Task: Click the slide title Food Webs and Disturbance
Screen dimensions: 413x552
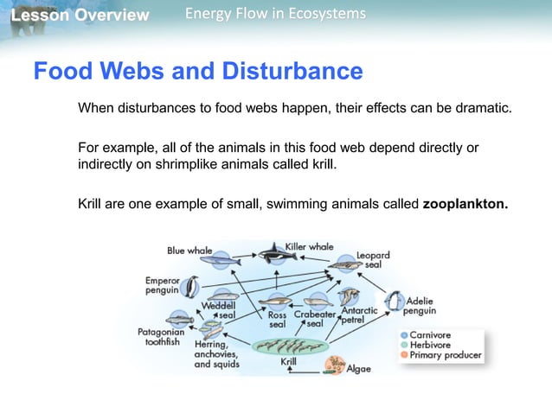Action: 197,70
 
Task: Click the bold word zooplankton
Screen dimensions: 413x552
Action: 465,205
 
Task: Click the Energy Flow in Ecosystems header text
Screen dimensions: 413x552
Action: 275,15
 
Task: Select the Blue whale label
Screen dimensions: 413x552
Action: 189,251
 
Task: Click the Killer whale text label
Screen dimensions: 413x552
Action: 309,247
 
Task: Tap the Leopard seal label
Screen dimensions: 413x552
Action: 374,260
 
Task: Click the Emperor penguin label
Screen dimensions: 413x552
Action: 161,285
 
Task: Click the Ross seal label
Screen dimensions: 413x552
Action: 277,320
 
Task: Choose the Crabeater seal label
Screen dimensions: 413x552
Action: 314,320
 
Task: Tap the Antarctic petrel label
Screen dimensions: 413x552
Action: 358,315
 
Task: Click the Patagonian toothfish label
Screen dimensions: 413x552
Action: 159,336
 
